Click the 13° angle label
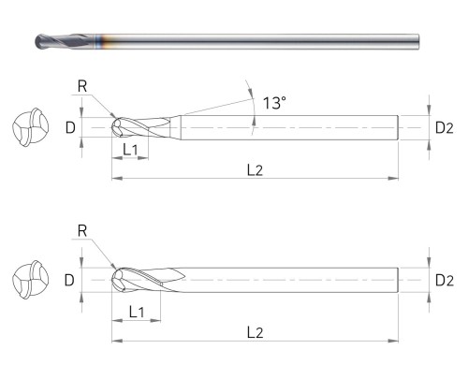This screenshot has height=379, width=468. [x=274, y=103]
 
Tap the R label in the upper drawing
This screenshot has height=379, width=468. [x=82, y=86]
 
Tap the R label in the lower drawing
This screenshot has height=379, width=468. [x=82, y=231]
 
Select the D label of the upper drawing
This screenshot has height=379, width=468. [x=70, y=127]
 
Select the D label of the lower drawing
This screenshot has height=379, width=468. [x=69, y=280]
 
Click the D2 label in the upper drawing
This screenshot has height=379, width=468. [x=445, y=128]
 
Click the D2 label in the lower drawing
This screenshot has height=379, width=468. [x=445, y=281]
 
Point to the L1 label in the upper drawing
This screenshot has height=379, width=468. [x=130, y=150]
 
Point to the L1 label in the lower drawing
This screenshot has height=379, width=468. [x=137, y=312]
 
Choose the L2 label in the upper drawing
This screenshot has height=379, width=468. [x=255, y=170]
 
